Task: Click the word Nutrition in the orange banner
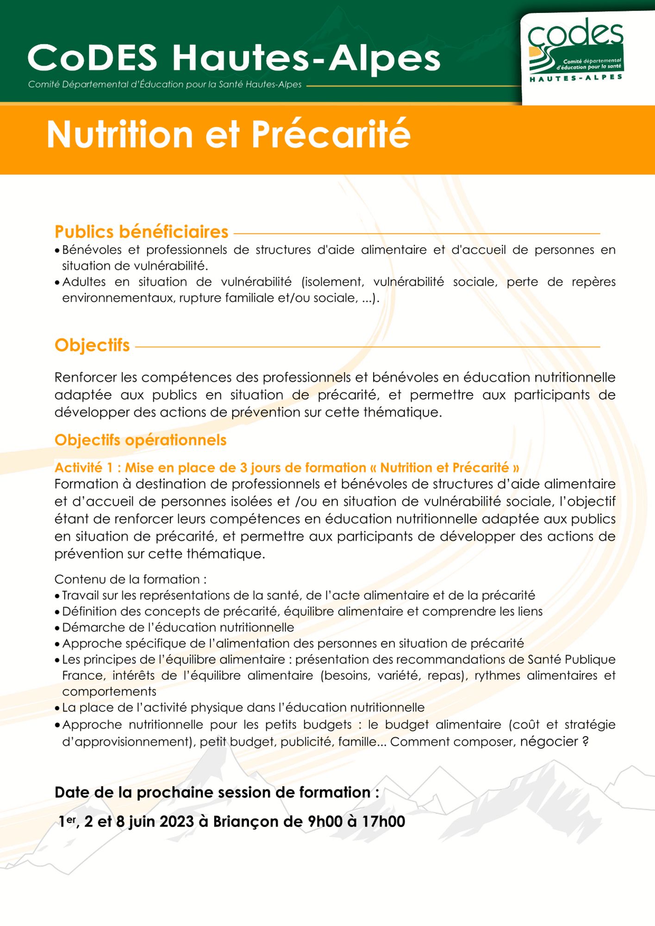119,135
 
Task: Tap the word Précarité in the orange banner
331,135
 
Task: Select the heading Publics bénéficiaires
141,231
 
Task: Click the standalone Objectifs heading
92,345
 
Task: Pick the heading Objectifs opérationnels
140,440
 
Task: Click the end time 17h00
383,821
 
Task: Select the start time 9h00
325,821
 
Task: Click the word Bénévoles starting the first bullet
92,250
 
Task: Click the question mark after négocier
585,742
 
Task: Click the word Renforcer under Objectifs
86,377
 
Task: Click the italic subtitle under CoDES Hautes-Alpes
165,85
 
